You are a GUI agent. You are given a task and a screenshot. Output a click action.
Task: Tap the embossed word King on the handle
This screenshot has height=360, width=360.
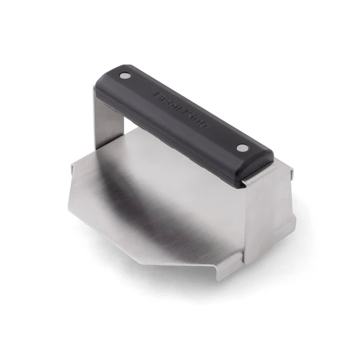coord(196,119)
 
